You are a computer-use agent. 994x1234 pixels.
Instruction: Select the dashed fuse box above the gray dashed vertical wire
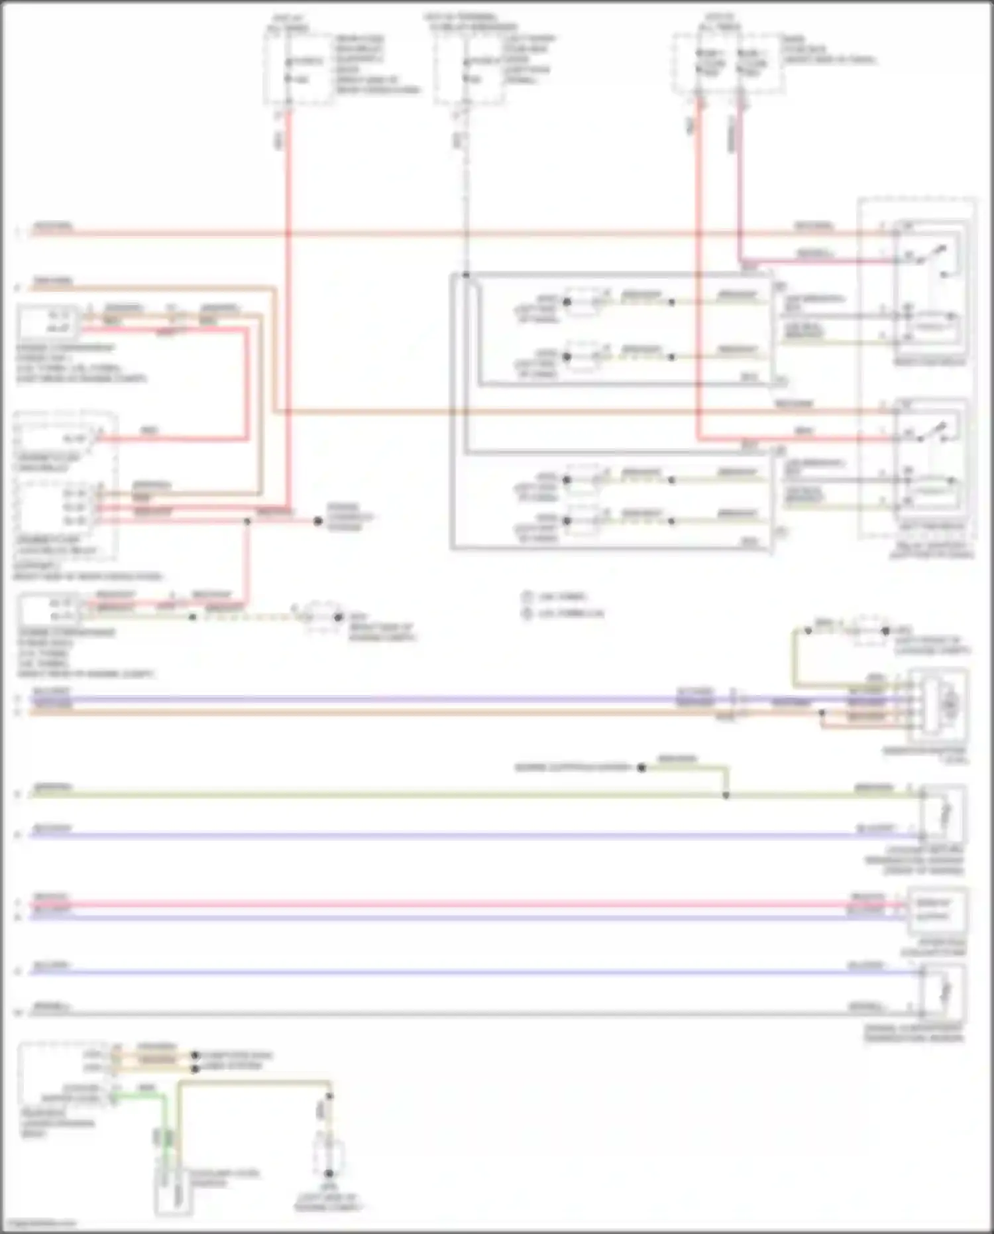click(468, 68)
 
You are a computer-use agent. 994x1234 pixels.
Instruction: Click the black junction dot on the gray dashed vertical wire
click(467, 275)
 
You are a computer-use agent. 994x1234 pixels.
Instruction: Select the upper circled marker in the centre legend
click(527, 597)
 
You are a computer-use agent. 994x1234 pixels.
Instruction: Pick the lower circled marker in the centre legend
click(527, 614)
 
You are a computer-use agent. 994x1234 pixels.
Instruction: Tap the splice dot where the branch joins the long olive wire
click(726, 795)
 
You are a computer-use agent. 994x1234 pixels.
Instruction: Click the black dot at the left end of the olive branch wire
click(641, 768)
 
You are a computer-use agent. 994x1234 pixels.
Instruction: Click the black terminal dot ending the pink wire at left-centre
click(318, 521)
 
